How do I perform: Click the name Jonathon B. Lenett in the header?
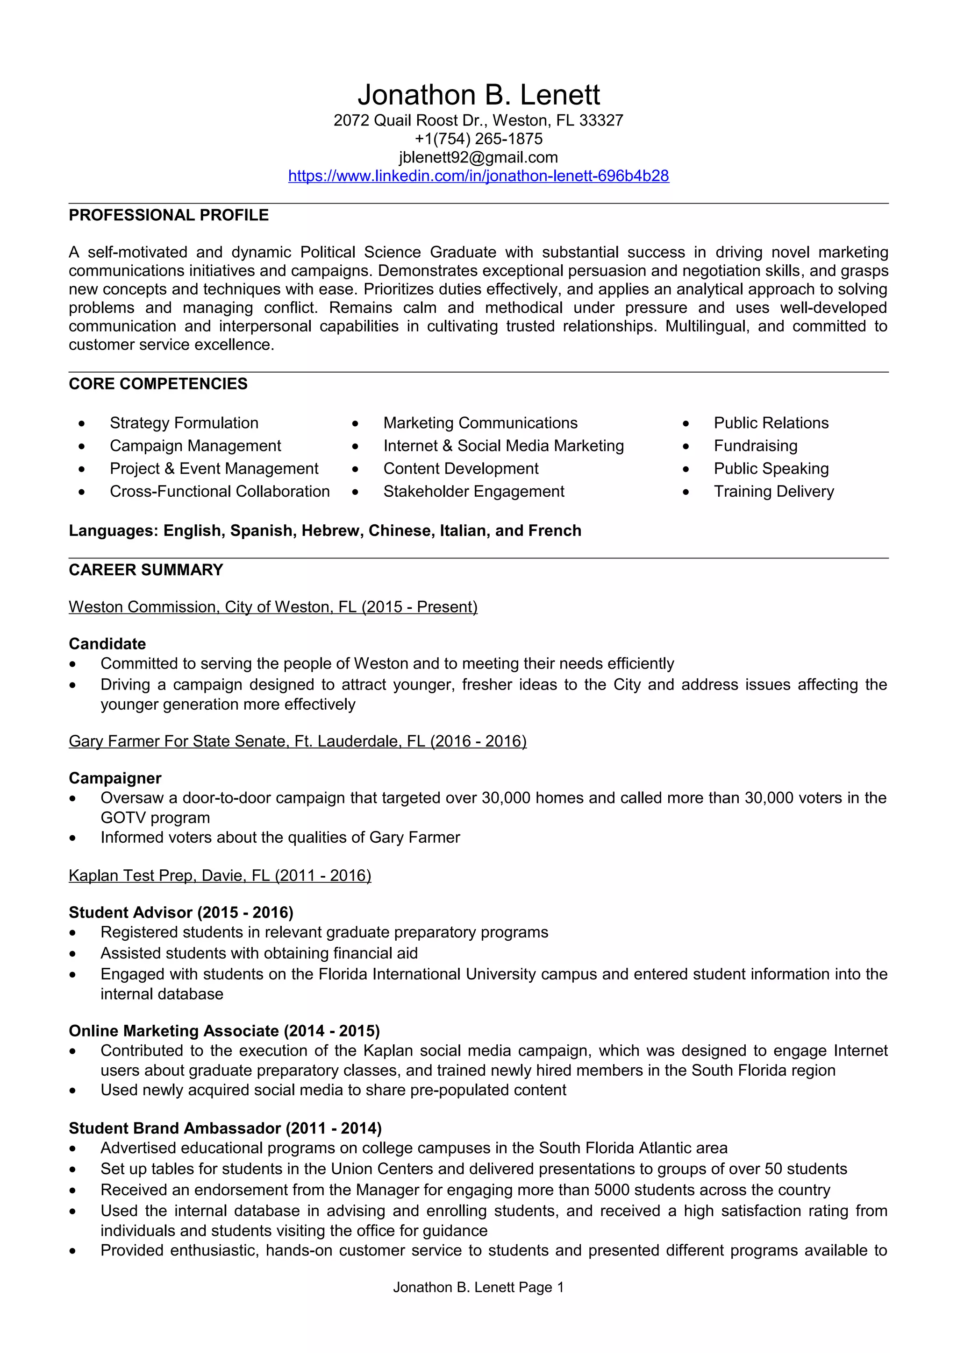click(x=478, y=95)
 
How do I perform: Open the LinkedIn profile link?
click(x=478, y=176)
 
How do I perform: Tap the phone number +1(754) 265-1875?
click(x=478, y=139)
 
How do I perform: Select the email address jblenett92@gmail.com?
click(x=478, y=157)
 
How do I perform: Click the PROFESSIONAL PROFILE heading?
click(x=169, y=215)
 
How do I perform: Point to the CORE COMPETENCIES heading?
click(x=158, y=384)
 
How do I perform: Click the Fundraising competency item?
click(x=755, y=445)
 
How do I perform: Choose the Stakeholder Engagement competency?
click(x=473, y=492)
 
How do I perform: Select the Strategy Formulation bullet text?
click(x=184, y=423)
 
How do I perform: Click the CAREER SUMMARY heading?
click(x=146, y=570)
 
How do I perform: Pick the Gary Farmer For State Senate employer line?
click(x=297, y=741)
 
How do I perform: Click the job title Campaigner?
click(x=115, y=778)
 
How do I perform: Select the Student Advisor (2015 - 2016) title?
click(x=181, y=913)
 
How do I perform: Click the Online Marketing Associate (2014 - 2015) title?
click(x=224, y=1031)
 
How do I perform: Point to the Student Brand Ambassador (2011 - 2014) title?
click(x=225, y=1128)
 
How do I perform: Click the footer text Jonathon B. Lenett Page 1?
click(x=478, y=1288)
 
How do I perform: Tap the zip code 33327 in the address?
click(x=601, y=121)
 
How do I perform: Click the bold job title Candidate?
click(x=107, y=644)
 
